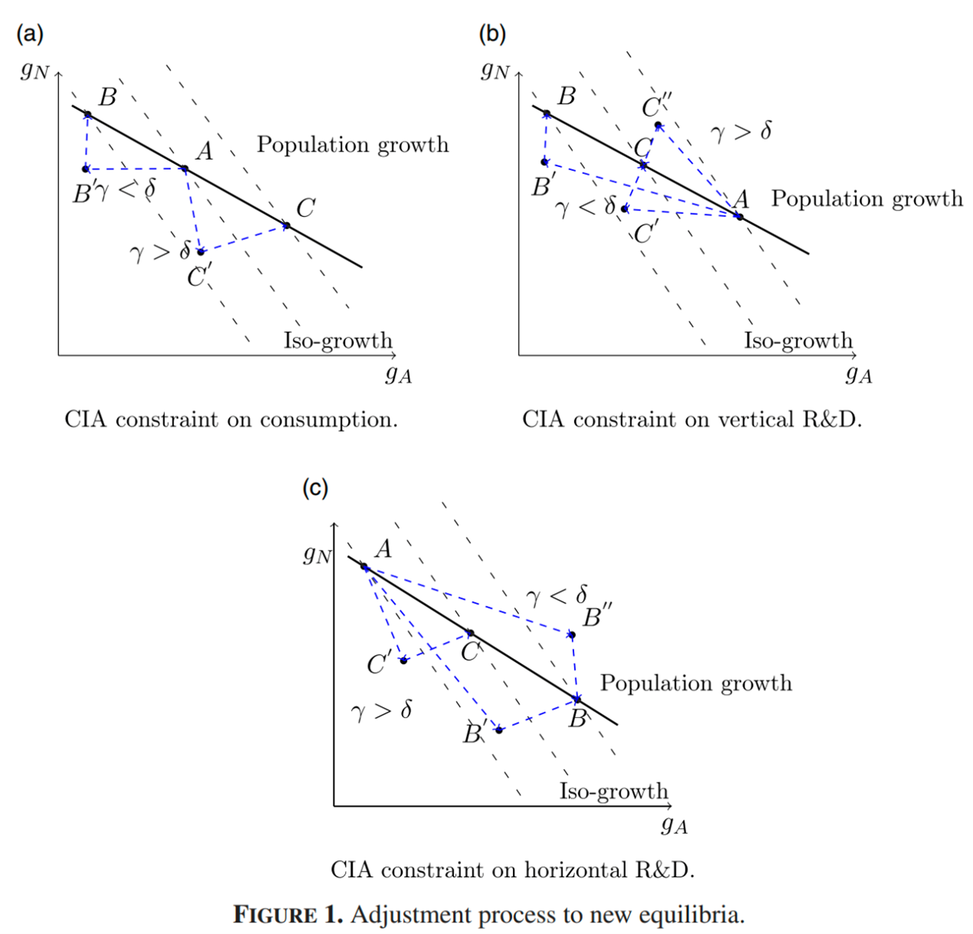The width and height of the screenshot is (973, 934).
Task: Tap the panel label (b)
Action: (491, 34)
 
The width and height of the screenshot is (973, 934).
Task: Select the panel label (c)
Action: (315, 488)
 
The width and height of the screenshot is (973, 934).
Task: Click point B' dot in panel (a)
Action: (86, 169)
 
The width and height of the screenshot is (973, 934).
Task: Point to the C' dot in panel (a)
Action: (201, 252)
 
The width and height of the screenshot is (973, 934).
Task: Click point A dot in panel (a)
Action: (185, 169)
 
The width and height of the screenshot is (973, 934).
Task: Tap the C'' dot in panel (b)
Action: (658, 125)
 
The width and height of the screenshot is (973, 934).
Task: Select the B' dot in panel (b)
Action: (544, 162)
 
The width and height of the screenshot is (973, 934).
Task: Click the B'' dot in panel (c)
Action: (571, 635)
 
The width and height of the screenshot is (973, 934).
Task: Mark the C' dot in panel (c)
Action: (403, 660)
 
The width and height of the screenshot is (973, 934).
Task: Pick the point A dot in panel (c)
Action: (365, 568)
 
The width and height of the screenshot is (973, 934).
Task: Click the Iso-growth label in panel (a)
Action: (337, 340)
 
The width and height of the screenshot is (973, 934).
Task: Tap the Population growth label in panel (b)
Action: (866, 199)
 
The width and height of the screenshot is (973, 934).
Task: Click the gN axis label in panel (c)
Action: (317, 554)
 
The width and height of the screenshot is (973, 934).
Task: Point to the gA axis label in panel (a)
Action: (398, 374)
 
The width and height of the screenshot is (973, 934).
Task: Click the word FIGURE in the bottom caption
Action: (274, 915)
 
